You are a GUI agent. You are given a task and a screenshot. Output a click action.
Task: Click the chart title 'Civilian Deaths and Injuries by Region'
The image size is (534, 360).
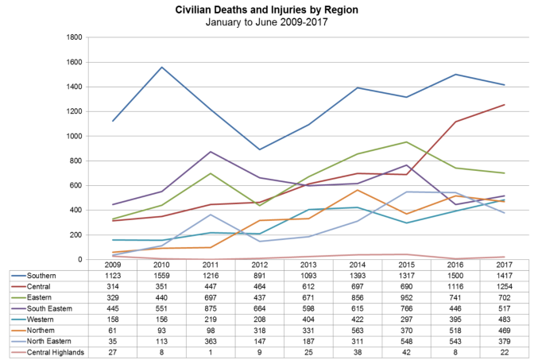266,10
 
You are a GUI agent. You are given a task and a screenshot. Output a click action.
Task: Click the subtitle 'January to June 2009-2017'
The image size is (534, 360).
266,22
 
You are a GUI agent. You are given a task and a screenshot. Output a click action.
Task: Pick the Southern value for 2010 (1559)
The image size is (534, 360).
162,275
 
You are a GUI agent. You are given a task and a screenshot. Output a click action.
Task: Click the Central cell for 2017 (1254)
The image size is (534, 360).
503,285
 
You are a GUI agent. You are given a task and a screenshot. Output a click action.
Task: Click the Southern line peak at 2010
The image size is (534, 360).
162,67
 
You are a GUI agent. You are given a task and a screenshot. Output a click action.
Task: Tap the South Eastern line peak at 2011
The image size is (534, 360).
211,151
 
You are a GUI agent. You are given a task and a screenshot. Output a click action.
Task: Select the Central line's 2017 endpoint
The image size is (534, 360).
503,104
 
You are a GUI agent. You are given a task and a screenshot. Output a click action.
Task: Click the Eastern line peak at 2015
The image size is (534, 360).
407,141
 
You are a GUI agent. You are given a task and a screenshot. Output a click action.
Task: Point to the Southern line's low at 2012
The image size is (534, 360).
260,149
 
